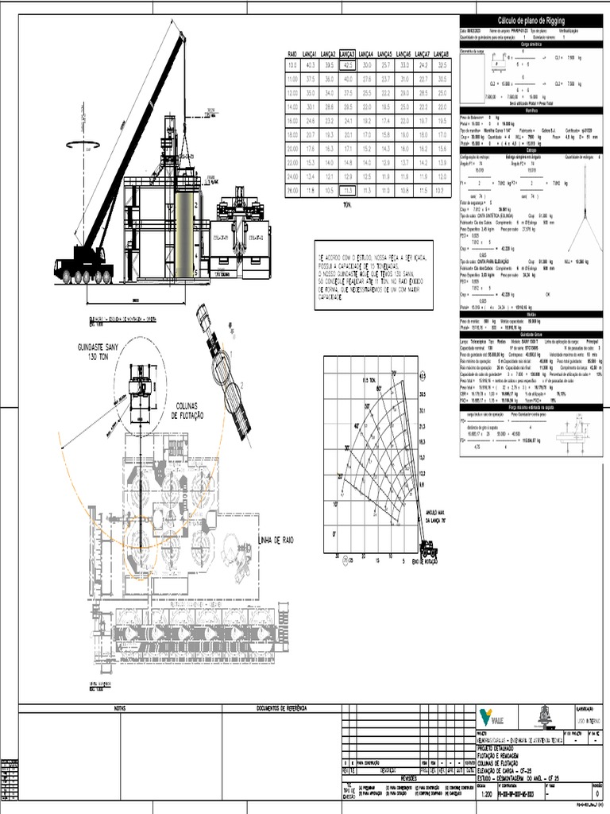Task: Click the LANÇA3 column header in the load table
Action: (348, 53)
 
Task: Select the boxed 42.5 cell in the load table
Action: (348, 65)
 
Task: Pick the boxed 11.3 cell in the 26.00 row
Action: (348, 191)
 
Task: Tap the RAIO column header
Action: (291, 53)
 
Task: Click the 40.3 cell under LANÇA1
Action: (310, 65)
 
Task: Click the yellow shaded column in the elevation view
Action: (185, 235)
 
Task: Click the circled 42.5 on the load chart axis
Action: (423, 374)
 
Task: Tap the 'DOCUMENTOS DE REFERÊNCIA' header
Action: (280, 707)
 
